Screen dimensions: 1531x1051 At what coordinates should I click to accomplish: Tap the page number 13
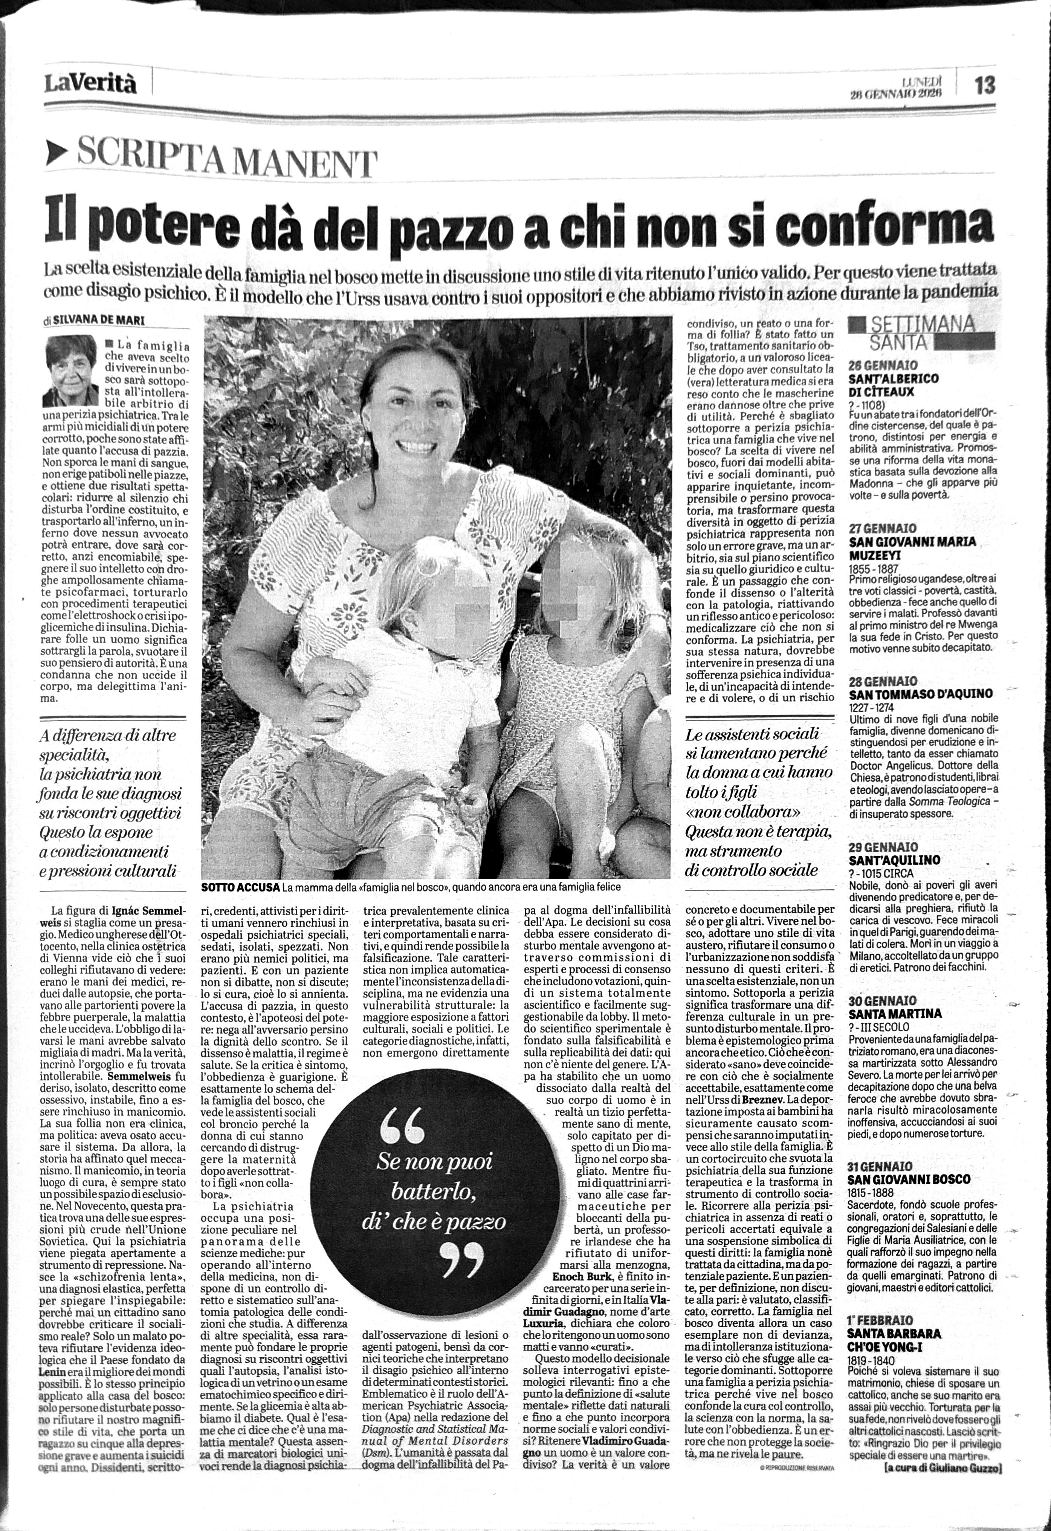coord(984,86)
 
